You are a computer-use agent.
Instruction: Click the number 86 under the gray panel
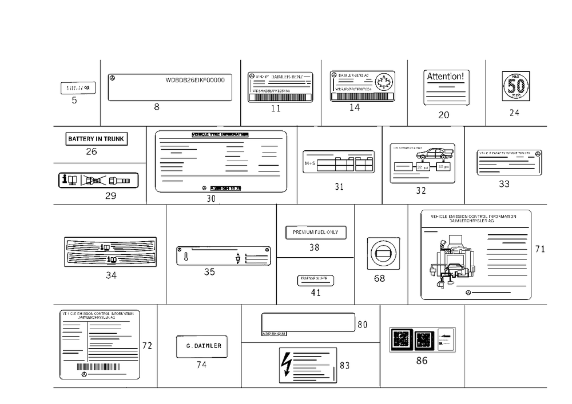click(422, 360)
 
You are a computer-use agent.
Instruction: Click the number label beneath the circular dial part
click(379, 278)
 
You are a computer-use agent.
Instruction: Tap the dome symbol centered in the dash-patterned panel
click(111, 251)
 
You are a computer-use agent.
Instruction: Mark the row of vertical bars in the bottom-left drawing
click(109, 368)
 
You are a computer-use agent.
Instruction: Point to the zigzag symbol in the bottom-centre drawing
click(288, 361)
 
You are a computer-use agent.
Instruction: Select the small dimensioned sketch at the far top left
click(81, 90)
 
